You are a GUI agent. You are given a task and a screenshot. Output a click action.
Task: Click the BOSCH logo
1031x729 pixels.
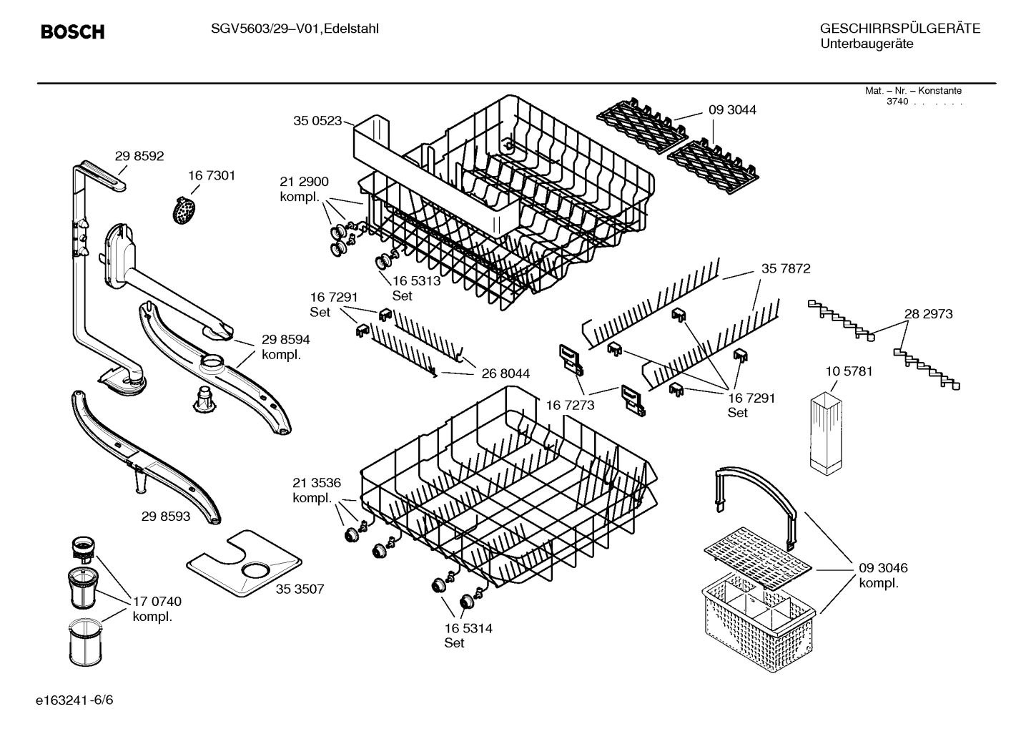tap(72, 32)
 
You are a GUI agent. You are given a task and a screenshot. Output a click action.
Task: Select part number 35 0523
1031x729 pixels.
tap(317, 121)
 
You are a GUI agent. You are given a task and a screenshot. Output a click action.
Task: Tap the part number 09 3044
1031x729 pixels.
tap(732, 110)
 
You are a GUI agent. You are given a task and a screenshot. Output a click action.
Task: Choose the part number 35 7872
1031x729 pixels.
tap(786, 269)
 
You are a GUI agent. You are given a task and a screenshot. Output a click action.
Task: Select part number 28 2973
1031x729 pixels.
tap(928, 314)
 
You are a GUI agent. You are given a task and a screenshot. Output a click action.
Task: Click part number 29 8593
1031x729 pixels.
tap(166, 515)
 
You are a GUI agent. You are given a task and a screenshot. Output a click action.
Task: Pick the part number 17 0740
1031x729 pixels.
tap(157, 602)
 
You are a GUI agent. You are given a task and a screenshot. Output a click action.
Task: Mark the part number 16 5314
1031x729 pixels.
tap(468, 628)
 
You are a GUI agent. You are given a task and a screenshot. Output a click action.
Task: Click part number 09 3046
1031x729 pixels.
tap(883, 568)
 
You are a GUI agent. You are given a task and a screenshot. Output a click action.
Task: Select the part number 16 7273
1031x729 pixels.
tap(570, 405)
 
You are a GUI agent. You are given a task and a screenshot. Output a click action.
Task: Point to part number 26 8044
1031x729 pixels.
tap(505, 373)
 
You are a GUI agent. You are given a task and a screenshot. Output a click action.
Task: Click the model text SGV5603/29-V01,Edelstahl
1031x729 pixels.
tap(295, 29)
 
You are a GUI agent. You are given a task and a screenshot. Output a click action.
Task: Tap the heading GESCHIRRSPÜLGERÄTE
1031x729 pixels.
tap(899, 29)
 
